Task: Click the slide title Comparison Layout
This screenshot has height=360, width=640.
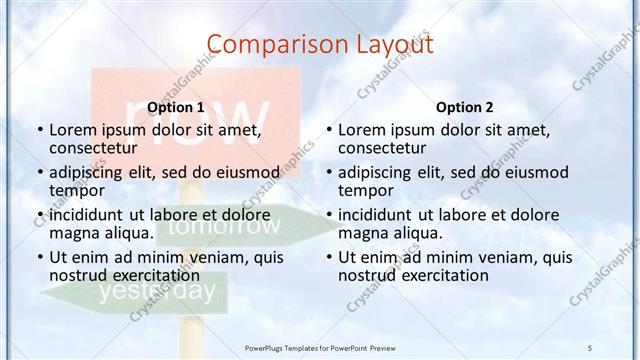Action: click(x=320, y=44)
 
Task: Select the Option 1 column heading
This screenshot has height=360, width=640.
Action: click(x=175, y=107)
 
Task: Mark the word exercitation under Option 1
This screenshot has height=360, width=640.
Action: click(x=146, y=276)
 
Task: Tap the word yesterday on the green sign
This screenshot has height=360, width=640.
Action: click(x=156, y=292)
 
